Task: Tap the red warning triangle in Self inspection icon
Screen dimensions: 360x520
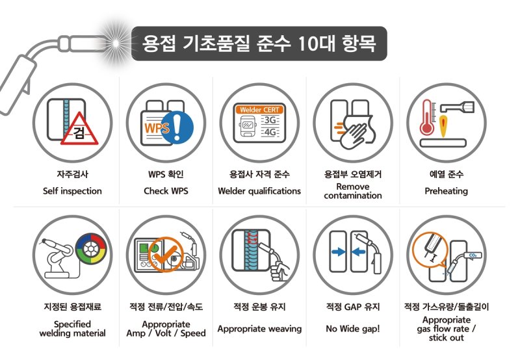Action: pyautogui.click(x=79, y=134)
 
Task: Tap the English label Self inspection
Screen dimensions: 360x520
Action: pyautogui.click(x=72, y=191)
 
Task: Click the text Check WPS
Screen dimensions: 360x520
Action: pyautogui.click(x=165, y=191)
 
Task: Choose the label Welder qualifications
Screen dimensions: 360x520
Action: pyautogui.click(x=259, y=191)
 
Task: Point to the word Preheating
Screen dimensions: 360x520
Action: pyautogui.click(x=446, y=191)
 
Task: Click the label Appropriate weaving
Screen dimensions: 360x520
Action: pyautogui.click(x=259, y=329)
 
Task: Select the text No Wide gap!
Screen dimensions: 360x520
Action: pyautogui.click(x=353, y=329)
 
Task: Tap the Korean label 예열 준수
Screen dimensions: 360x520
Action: pyautogui.click(x=446, y=174)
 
